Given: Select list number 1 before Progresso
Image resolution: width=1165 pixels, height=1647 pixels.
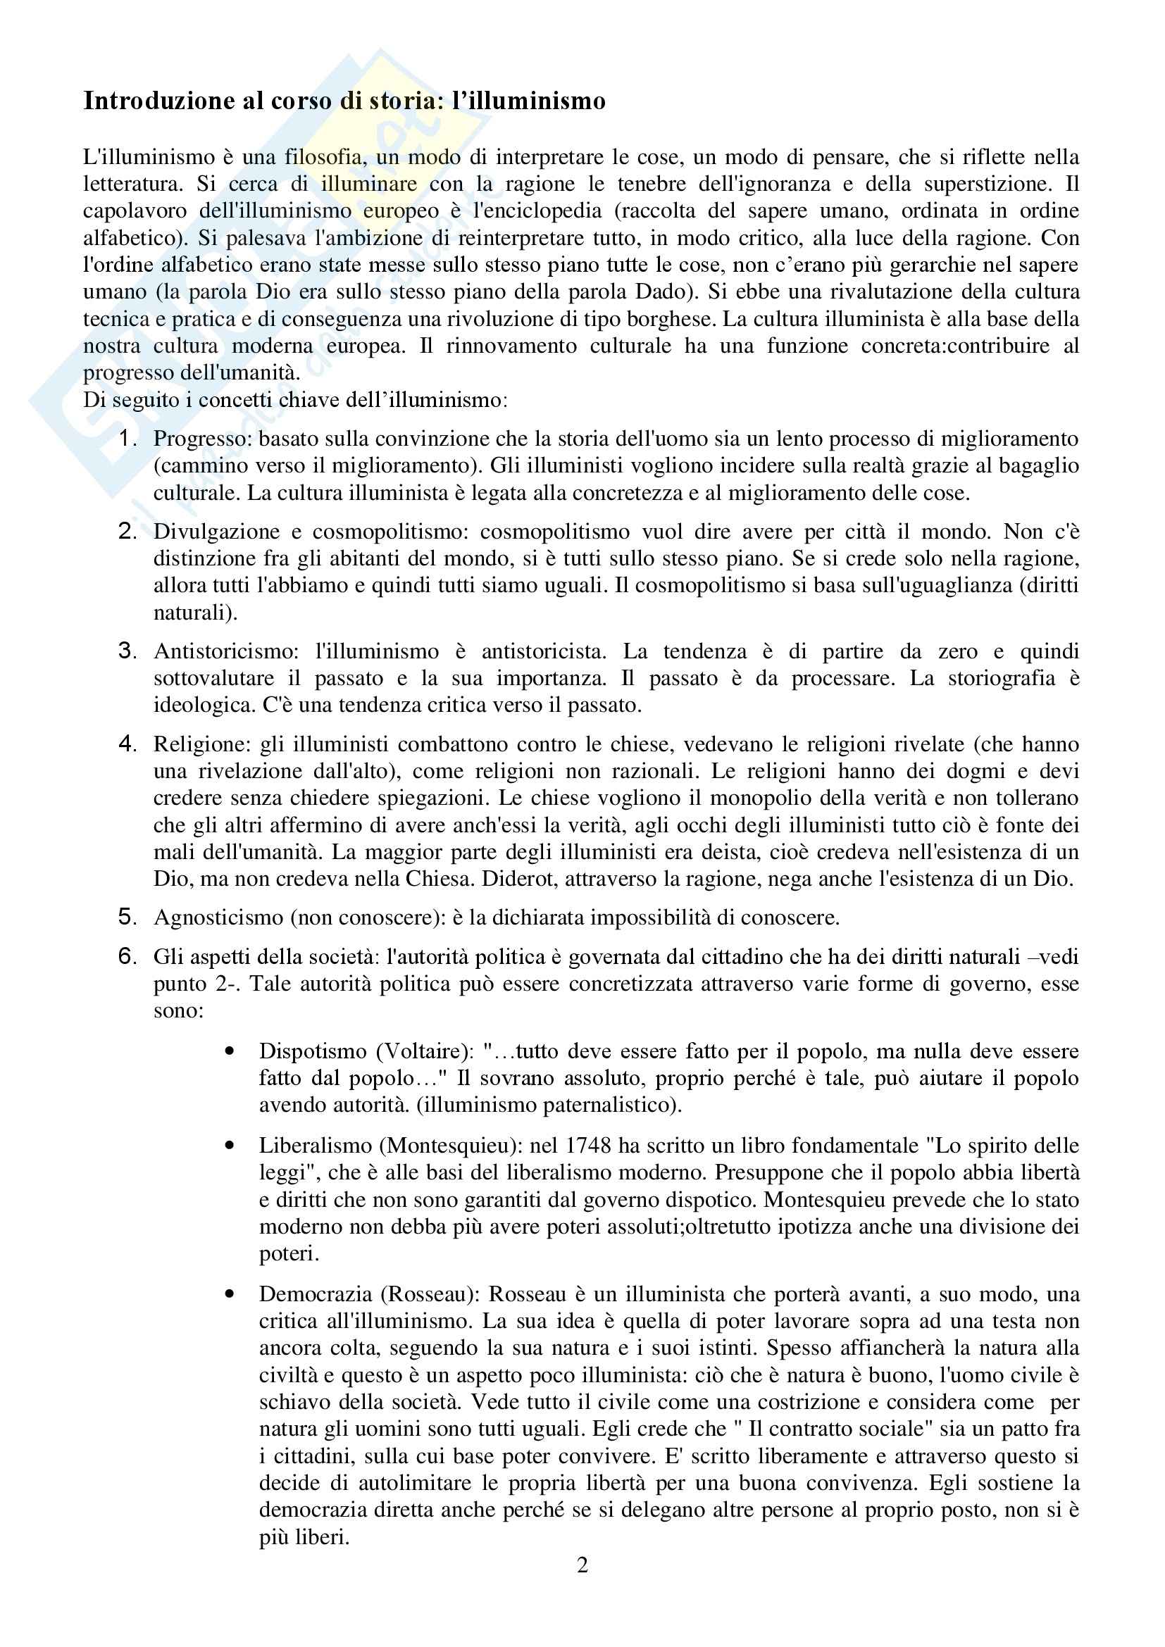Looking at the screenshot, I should pyautogui.click(x=127, y=438).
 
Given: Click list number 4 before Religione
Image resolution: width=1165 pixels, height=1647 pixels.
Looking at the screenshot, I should pyautogui.click(x=127, y=744).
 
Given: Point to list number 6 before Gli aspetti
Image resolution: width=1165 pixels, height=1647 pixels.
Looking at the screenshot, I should pyautogui.click(x=127, y=956).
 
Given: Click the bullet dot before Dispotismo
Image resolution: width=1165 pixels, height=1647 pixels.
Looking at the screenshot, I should pyautogui.click(x=230, y=1051).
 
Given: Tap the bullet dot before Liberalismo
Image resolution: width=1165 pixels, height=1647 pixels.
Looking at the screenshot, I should pyautogui.click(x=230, y=1146).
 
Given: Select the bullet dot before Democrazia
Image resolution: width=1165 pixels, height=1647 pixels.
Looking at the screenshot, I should pyautogui.click(x=230, y=1294).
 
